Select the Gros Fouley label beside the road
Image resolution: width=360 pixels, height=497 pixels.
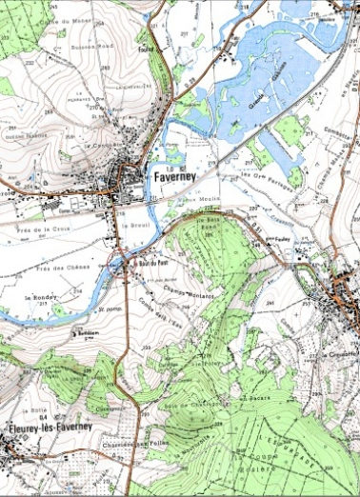coord(277,239)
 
